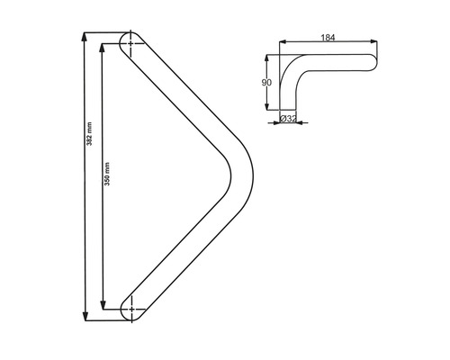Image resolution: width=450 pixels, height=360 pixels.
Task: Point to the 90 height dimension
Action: (266, 82)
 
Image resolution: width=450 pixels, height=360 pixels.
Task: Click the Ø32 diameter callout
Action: (289, 118)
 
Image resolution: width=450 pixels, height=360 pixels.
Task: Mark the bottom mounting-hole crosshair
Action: (134, 308)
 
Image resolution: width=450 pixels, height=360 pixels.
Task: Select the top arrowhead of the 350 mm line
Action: (102, 49)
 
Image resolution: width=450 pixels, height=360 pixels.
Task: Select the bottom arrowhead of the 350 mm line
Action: (102, 303)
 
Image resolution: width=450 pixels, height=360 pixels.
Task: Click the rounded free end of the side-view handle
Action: (372, 61)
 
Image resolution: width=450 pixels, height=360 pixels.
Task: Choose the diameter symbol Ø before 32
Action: (283, 118)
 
